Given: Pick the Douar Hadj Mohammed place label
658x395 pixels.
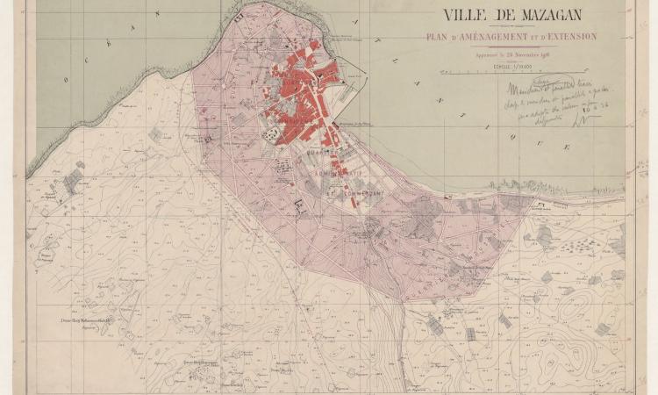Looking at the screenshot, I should click(x=87, y=321).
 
